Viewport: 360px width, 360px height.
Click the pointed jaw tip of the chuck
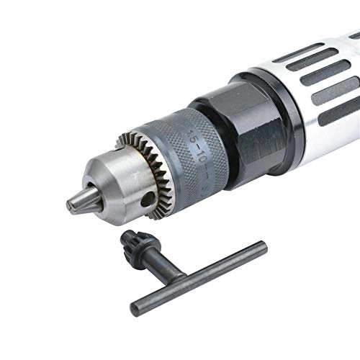point(74,204)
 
